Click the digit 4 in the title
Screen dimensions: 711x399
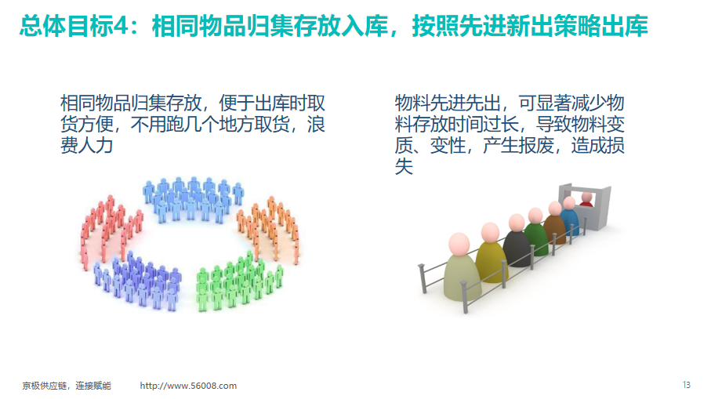[121, 27]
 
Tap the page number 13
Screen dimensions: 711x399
[686, 385]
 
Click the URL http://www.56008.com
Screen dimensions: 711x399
[188, 386]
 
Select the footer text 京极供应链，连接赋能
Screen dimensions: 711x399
[67, 386]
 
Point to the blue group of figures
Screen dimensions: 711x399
[194, 199]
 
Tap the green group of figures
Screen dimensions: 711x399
[238, 281]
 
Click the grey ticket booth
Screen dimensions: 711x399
[585, 206]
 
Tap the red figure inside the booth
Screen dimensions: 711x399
[586, 200]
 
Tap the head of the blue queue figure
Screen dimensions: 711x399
[568, 202]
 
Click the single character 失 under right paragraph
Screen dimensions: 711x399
[404, 166]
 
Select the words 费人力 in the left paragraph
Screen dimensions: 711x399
[86, 145]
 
